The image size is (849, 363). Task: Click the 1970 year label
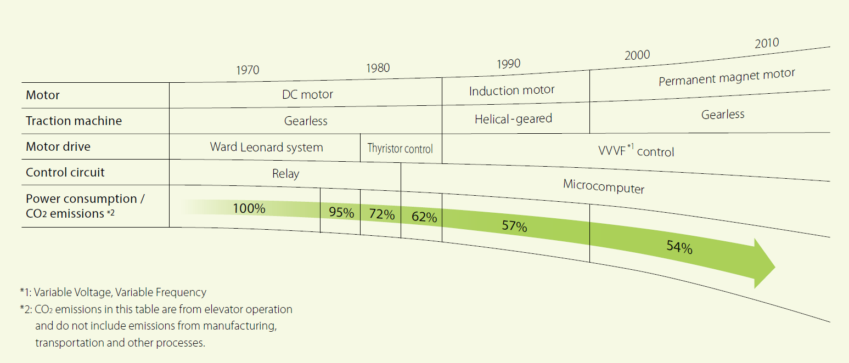point(248,70)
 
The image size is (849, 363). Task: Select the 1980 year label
point(378,68)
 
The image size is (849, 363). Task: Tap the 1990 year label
point(508,64)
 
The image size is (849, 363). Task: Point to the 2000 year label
point(637,55)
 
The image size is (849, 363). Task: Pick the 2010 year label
point(766,43)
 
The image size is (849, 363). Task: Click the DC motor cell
point(307,94)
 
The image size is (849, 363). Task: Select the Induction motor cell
point(511,90)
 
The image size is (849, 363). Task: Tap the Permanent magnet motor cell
point(727,77)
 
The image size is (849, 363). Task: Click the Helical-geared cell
point(513,118)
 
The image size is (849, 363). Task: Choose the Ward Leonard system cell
point(266,147)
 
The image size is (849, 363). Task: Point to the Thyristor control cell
point(400,149)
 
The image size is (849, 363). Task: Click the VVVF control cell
point(636,151)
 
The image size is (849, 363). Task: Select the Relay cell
point(285,174)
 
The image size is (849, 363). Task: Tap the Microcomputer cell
point(604,186)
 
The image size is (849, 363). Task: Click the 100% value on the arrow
point(249,208)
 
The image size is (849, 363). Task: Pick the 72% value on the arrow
point(381,214)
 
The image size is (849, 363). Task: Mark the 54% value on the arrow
point(679,247)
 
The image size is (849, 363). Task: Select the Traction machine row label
point(74,121)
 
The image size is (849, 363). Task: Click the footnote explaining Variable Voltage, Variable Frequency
point(113,292)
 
